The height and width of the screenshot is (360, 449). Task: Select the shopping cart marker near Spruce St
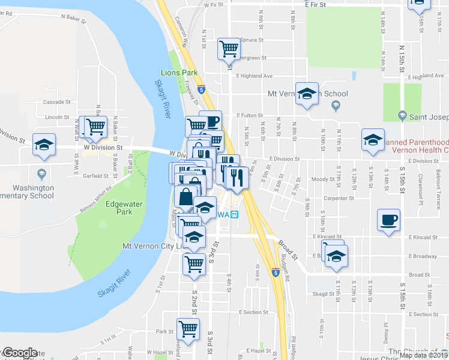(x=229, y=47)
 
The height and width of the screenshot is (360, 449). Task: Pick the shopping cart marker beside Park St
(x=188, y=329)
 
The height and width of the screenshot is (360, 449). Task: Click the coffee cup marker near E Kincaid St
(x=388, y=219)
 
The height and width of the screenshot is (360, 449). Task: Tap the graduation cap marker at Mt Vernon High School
(x=307, y=94)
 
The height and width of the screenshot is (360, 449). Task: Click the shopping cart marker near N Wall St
(x=95, y=127)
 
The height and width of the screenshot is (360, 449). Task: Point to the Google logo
(x=20, y=353)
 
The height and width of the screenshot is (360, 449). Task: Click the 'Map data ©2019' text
(x=423, y=355)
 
